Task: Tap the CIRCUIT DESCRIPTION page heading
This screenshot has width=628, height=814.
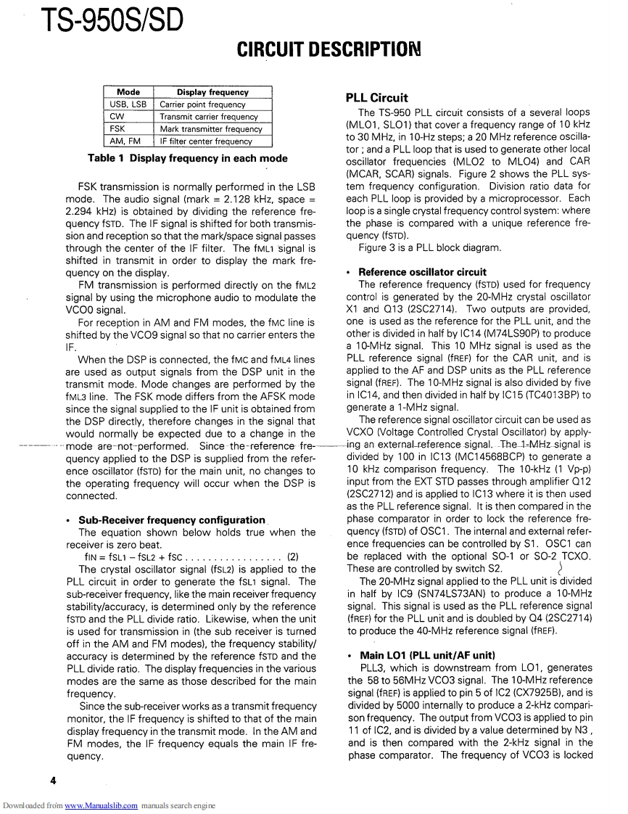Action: (x=329, y=51)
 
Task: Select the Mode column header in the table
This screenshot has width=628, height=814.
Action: (x=128, y=93)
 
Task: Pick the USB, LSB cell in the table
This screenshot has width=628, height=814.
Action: (x=128, y=104)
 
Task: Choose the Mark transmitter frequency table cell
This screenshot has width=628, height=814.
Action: (x=210, y=129)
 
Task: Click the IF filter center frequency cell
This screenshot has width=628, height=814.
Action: (x=205, y=141)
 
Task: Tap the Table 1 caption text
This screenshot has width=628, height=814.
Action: (x=188, y=158)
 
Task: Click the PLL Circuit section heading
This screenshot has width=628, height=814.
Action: (x=377, y=98)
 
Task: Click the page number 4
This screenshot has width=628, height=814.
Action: (x=53, y=781)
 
